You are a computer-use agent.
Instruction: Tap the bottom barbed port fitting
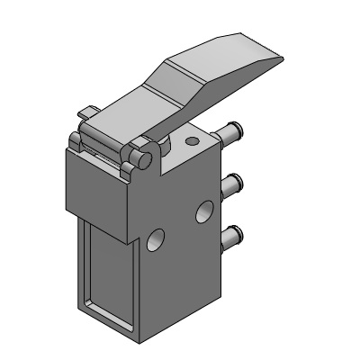[234, 237]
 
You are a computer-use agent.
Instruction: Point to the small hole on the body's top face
[190, 141]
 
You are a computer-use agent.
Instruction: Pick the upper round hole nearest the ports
[204, 212]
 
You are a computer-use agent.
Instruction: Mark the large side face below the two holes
[180, 279]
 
